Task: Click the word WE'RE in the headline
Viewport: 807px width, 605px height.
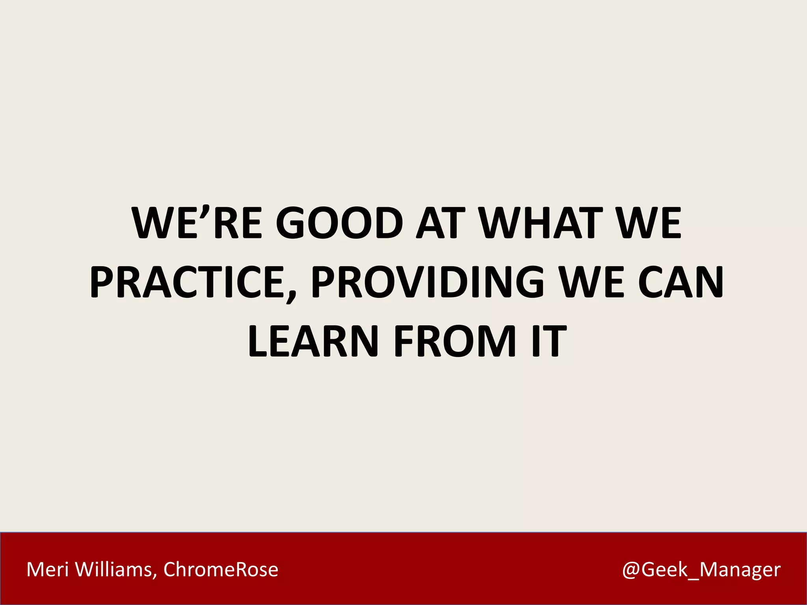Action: click(197, 223)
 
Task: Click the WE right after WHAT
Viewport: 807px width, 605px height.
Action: click(648, 223)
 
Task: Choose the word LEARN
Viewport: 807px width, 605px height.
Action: click(313, 341)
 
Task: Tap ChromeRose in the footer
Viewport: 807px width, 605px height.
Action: click(221, 570)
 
